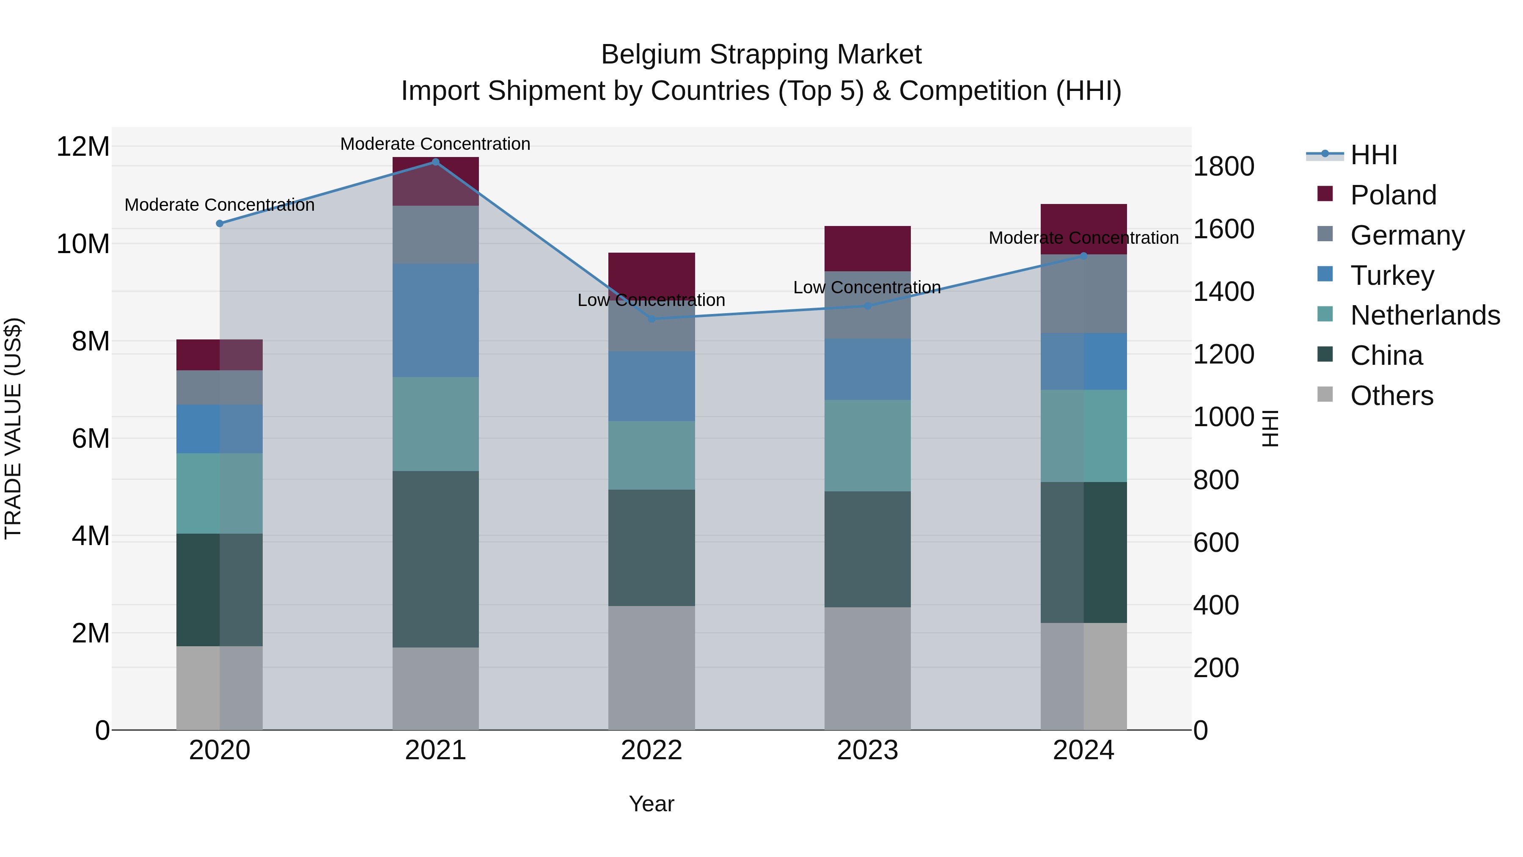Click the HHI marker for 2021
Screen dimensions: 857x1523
click(x=435, y=162)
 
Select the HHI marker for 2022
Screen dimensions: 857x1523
click(x=652, y=319)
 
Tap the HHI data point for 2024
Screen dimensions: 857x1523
click(x=1084, y=256)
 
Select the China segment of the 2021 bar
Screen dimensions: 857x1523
click(x=435, y=559)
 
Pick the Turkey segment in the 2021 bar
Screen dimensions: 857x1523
click(x=435, y=320)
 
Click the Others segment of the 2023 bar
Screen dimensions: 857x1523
click(x=867, y=668)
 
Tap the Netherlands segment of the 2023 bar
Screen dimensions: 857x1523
click(x=867, y=445)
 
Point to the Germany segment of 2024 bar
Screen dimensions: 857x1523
click(x=1084, y=294)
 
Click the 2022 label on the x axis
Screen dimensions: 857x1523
click(x=652, y=750)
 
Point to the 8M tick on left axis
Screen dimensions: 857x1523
click(x=91, y=341)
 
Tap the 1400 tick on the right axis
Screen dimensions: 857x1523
click(x=1223, y=292)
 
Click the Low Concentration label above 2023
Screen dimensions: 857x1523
click(x=867, y=287)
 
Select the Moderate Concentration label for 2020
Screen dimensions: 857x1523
click(x=219, y=205)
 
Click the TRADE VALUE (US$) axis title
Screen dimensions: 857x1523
click(x=13, y=428)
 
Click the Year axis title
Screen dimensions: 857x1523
click(x=652, y=804)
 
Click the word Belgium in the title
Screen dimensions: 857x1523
click(x=651, y=55)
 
